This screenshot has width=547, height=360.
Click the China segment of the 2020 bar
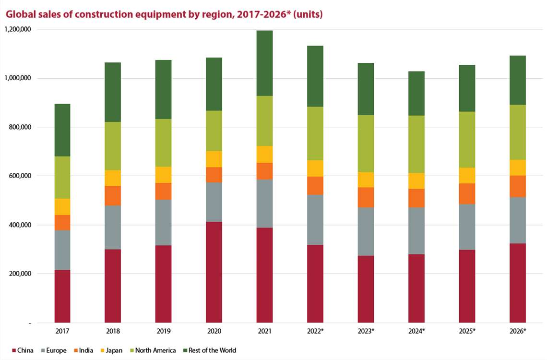click(x=214, y=272)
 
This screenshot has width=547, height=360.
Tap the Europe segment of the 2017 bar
click(x=62, y=250)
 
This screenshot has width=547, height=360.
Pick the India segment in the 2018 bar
click(x=113, y=195)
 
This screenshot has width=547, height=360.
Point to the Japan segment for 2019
click(x=163, y=175)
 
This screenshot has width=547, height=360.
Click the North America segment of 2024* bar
click(x=416, y=144)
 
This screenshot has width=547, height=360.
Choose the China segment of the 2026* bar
click(x=517, y=283)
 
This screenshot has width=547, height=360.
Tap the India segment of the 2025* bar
click(x=467, y=194)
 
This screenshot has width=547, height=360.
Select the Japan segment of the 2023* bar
click(x=366, y=180)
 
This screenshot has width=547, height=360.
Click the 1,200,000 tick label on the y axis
click(x=17, y=29)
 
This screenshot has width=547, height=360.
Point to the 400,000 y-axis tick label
click(x=20, y=225)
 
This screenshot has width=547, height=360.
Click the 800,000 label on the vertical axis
click(x=20, y=127)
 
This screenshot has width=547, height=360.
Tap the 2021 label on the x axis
click(x=264, y=331)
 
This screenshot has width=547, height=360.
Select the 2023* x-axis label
click(x=366, y=331)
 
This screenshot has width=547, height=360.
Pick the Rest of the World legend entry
click(x=212, y=350)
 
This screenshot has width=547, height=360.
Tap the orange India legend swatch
click(x=74, y=350)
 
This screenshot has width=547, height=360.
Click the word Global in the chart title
click(x=19, y=14)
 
